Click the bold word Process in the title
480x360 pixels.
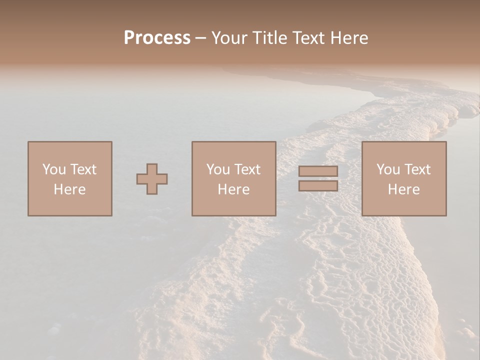tap(157, 38)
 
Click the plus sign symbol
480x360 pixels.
tap(152, 179)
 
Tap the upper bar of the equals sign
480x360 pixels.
tap(318, 171)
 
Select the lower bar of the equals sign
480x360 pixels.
tap(318, 186)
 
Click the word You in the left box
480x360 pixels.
tap(53, 169)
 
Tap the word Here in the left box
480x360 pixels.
tap(69, 189)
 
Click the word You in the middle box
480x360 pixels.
tap(218, 169)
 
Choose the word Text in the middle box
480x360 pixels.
tap(247, 169)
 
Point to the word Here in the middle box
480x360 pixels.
tap(233, 189)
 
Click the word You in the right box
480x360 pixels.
tap(388, 169)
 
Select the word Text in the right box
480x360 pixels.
tap(417, 169)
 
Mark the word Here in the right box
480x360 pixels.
tap(403, 189)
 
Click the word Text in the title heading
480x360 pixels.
tap(306, 38)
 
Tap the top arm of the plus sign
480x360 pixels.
tap(152, 168)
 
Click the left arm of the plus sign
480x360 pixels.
tap(141, 179)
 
